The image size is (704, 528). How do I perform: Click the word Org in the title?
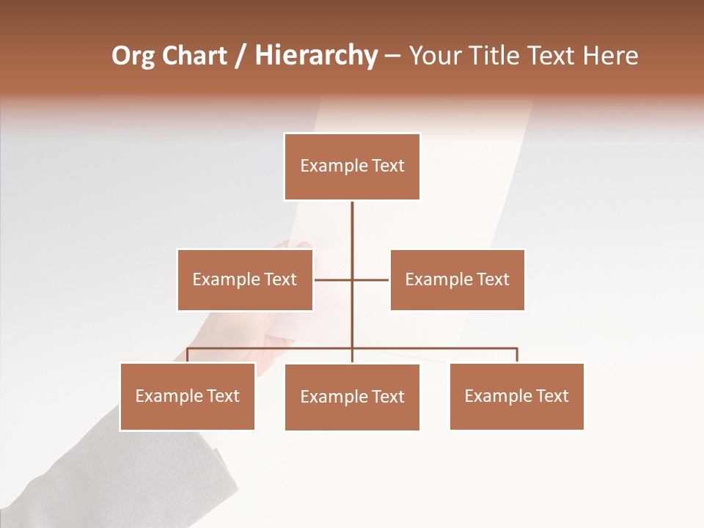[133, 56]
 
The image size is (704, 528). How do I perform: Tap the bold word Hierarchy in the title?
[316, 56]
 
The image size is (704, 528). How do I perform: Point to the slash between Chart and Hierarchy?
[241, 56]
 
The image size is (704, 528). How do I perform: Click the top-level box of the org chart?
[352, 166]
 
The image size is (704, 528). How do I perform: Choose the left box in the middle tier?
[245, 279]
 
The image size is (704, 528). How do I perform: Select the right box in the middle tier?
[458, 279]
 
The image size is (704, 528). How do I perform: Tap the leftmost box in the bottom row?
[188, 396]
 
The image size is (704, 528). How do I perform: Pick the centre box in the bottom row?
[352, 397]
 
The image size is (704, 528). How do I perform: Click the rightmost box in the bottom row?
[517, 396]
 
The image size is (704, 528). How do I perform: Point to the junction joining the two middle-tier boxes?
[352, 279]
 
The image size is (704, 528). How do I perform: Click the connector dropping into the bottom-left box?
[188, 355]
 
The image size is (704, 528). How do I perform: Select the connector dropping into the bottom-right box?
[517, 355]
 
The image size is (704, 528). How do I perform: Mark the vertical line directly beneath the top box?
[352, 227]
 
